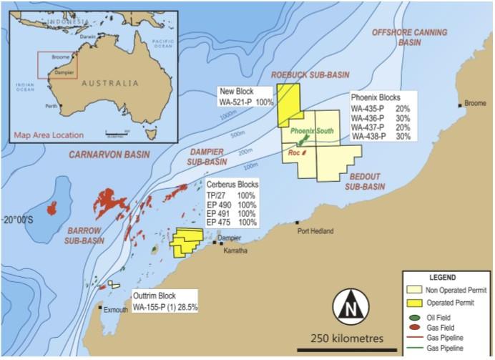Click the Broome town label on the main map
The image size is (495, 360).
click(475, 104)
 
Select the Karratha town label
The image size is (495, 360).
click(235, 253)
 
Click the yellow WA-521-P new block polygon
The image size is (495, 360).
click(289, 104)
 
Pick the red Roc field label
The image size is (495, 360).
click(293, 152)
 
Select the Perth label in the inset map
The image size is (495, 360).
click(50, 106)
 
